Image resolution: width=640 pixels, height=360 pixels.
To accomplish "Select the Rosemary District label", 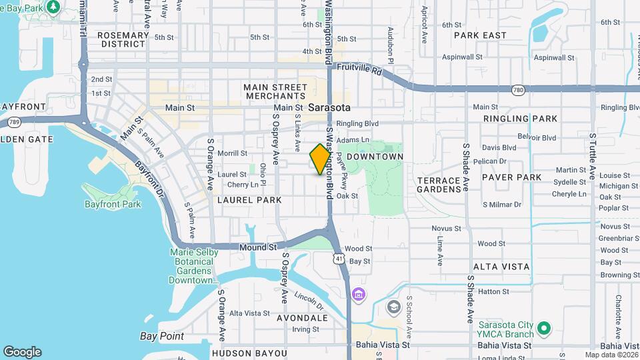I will tap(122, 39).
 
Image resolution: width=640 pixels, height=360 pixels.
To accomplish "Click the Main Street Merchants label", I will tap(275, 92).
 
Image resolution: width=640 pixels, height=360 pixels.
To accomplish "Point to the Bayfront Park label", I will tap(113, 204).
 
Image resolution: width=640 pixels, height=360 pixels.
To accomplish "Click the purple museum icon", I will tap(359, 294).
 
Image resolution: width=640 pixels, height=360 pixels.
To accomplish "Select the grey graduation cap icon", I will tap(393, 307).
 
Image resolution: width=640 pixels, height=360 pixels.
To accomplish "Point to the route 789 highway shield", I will tap(13, 122).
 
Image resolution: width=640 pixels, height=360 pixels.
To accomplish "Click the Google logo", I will tap(22, 352).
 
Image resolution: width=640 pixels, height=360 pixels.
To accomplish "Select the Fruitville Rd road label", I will tap(359, 68).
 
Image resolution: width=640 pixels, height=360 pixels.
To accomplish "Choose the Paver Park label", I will tap(512, 177).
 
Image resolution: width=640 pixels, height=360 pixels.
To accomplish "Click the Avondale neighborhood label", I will tap(303, 318).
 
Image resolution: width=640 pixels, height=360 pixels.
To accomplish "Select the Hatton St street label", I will tap(493, 291).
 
